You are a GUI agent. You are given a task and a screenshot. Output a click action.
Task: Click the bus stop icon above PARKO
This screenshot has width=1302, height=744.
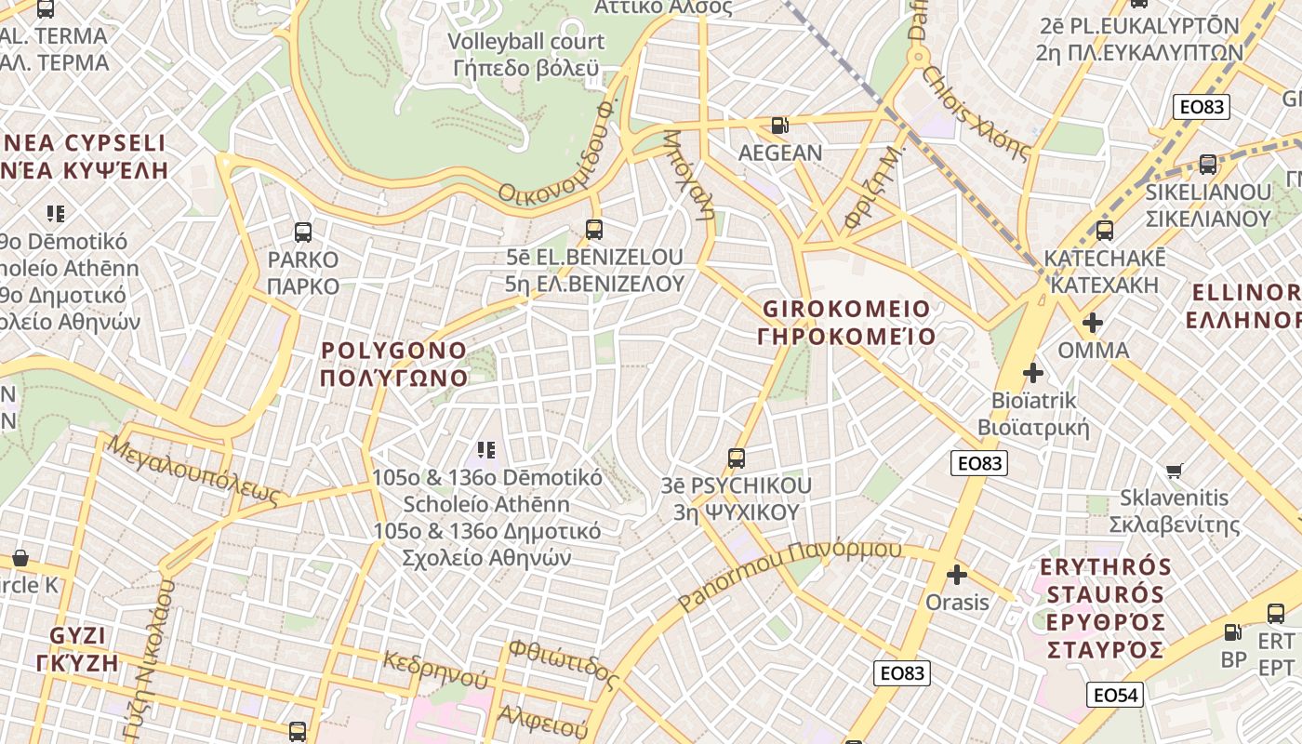coord(302,232)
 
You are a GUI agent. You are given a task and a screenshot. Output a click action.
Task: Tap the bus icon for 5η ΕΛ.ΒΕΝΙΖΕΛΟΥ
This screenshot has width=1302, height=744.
coord(593,229)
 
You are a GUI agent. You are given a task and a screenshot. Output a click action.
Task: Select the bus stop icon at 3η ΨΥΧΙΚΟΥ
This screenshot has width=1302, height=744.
coord(737,458)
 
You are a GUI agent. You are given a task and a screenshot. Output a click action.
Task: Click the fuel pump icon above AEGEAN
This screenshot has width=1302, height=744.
coord(779,125)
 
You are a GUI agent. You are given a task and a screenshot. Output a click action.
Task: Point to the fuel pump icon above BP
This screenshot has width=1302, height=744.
coord(1233,632)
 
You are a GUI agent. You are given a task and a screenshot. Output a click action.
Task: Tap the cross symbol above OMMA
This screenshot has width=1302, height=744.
coord(1093,323)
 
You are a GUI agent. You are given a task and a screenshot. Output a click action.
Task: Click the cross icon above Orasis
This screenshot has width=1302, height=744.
coord(956,575)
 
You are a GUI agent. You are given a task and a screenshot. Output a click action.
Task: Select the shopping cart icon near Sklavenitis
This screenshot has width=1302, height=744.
coord(1174,471)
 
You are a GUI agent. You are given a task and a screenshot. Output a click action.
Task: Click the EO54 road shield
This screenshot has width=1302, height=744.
coord(1114,695)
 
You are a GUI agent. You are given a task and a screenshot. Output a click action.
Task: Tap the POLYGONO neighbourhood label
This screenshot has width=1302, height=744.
coord(393,364)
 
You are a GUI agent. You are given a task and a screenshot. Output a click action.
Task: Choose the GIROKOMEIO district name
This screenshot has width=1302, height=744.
coord(845,322)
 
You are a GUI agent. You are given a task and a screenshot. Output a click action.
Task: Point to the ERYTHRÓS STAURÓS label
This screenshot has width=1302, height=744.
coord(1105,607)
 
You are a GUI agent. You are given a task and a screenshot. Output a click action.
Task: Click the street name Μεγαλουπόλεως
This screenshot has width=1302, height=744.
coord(193,471)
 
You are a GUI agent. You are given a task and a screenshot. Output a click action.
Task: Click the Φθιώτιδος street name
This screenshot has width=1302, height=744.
coord(564,664)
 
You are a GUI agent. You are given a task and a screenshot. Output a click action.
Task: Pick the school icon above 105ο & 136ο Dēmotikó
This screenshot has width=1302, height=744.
coord(485,450)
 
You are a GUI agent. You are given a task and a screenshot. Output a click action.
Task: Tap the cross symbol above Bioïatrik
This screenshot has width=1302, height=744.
coord(1032,373)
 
